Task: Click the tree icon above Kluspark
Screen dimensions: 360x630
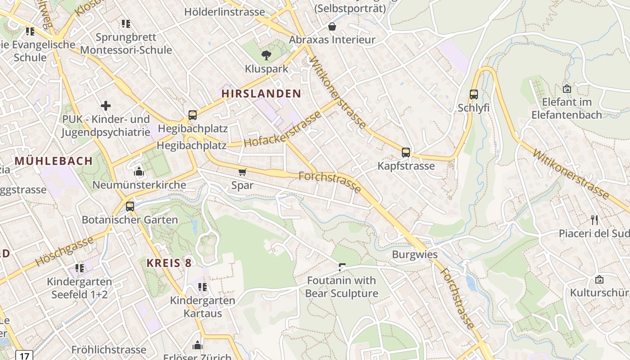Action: tap(266, 55)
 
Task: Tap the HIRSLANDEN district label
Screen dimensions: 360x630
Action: tap(261, 94)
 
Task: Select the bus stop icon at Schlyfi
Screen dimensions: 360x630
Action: tap(473, 94)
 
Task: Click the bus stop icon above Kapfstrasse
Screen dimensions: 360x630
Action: tap(406, 153)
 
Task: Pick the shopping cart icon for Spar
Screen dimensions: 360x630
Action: tap(243, 171)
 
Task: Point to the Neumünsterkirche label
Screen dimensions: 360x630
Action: tap(139, 185)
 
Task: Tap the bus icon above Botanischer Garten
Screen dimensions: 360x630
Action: tap(130, 207)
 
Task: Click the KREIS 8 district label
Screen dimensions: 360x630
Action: tap(169, 263)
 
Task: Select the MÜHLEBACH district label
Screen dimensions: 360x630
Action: tap(54, 161)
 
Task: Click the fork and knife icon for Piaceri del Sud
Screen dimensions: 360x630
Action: tap(594, 220)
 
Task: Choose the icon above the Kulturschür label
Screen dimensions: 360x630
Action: tap(599, 279)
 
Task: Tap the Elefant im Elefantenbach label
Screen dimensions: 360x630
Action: tap(567, 108)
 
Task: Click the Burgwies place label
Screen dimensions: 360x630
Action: tap(414, 254)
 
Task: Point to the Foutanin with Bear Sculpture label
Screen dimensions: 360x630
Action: tap(342, 287)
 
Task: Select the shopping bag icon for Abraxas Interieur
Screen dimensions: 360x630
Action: tap(332, 27)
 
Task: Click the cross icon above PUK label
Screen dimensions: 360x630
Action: tap(106, 106)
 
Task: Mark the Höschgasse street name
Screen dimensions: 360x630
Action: tap(64, 251)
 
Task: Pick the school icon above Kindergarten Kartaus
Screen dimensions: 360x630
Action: tap(202, 287)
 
